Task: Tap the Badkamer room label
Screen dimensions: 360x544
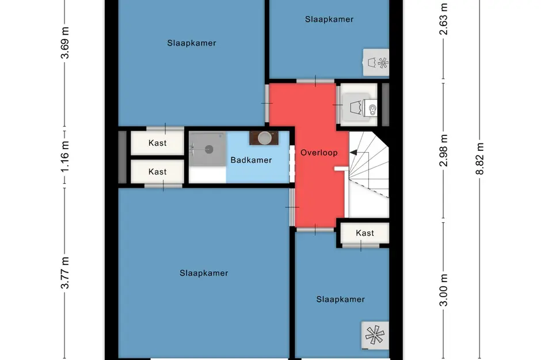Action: tap(251, 160)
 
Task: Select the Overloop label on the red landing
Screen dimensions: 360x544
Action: tap(319, 153)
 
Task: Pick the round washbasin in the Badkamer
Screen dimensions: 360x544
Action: tap(264, 138)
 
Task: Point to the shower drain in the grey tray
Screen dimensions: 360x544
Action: tap(208, 149)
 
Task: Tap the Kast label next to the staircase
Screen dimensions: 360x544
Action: tap(364, 233)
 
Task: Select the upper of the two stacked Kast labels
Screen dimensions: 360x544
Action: tap(157, 143)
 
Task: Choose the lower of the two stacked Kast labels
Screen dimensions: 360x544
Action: tap(157, 172)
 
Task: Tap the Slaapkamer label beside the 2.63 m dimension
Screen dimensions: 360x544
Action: tap(329, 19)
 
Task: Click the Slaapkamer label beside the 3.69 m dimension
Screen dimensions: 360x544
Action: tap(192, 43)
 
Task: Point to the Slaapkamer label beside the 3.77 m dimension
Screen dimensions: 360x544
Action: tap(203, 273)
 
